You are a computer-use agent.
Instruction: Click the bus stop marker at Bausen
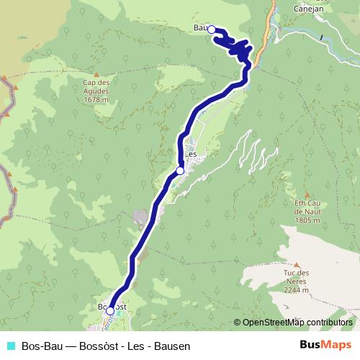pos(212,30)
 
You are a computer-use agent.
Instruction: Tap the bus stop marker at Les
pos(180,171)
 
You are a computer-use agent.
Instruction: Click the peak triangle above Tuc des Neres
pos(296,264)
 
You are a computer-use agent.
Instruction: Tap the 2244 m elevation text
pos(296,290)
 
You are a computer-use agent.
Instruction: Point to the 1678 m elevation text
pos(96,100)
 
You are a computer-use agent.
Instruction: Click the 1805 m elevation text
pos(307,220)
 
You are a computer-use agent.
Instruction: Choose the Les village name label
pos(192,154)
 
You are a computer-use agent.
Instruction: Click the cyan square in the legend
pos(10,346)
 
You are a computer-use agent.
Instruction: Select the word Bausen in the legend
pos(173,346)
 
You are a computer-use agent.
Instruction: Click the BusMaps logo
pos(326,346)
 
